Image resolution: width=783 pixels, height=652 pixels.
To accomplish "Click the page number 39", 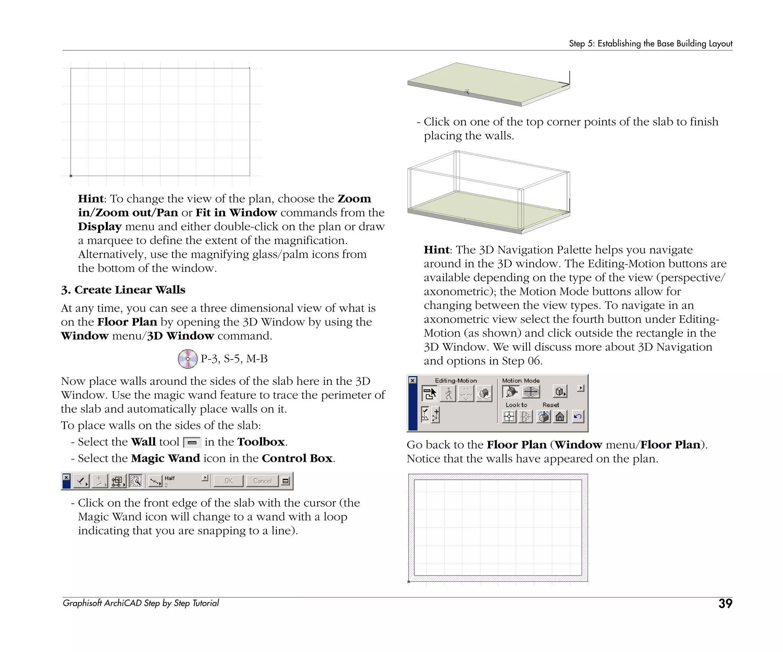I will point(725,603).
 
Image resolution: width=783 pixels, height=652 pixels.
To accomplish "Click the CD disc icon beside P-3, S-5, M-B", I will point(187,359).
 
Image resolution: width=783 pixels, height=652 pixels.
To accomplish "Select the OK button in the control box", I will point(228,481).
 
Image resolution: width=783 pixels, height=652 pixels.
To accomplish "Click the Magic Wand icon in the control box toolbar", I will point(136,481).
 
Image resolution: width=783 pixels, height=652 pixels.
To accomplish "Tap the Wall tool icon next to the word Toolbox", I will point(192,443).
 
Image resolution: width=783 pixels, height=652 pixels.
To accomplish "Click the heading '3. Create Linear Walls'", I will point(123,290).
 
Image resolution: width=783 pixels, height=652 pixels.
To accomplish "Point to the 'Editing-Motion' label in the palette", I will point(456,380).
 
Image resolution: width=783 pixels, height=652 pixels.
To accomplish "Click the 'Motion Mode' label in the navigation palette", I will point(521,380).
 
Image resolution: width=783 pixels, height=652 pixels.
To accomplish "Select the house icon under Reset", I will point(560,416).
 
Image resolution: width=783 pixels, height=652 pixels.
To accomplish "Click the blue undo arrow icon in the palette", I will point(578,416).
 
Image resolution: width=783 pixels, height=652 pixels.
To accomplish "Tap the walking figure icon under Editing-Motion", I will point(448,393).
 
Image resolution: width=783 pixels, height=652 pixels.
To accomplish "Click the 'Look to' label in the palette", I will point(516,405).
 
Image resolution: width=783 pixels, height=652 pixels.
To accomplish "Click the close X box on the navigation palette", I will point(413,380).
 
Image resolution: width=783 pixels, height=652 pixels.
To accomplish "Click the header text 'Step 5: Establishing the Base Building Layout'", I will point(650,44).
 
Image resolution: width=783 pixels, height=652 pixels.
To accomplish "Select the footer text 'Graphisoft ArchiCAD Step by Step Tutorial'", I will point(141,603).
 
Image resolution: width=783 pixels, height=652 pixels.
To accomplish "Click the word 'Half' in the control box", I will point(170,478).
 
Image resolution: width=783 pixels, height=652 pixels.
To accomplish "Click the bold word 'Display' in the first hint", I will point(100,227).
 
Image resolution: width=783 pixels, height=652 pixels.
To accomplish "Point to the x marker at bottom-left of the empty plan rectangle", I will point(71,176).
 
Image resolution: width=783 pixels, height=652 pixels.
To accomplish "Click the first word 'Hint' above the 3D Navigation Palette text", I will point(436,250).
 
